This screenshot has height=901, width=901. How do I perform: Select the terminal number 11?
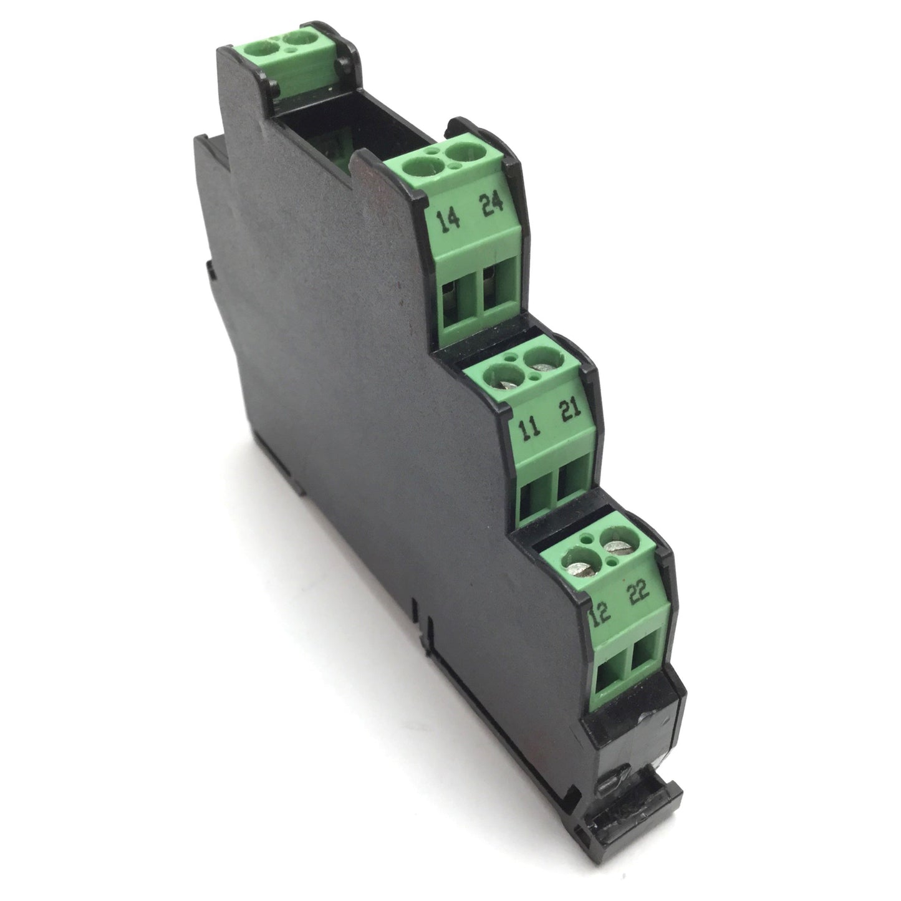pyautogui.click(x=530, y=426)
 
